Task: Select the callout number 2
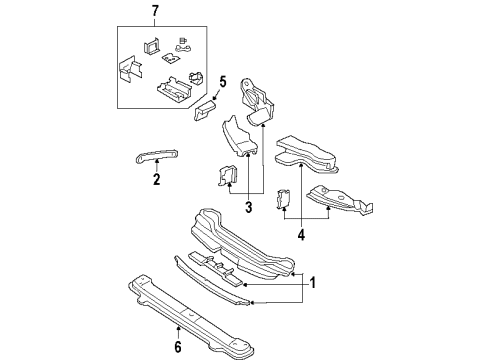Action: [x=157, y=180]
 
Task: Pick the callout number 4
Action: [x=300, y=236]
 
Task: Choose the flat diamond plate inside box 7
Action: [x=169, y=58]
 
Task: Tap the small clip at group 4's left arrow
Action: [x=282, y=199]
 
